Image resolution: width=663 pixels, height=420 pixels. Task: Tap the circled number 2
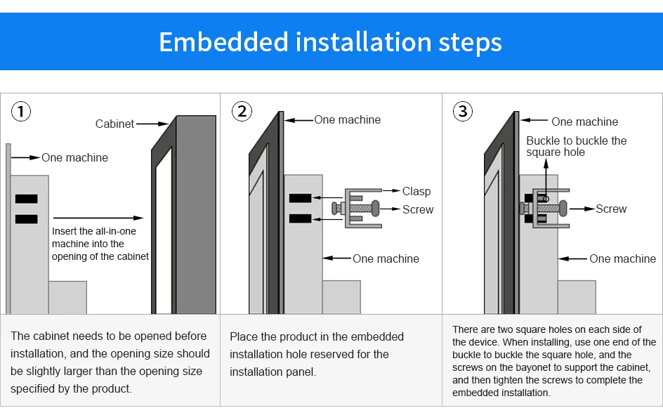coord(242,111)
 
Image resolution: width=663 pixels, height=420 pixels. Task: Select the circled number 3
coord(462,111)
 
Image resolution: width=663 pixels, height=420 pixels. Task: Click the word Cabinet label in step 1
coord(114,124)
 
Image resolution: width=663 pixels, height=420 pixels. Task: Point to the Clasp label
coord(416,191)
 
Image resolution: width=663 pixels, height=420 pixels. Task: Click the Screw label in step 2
coord(418,209)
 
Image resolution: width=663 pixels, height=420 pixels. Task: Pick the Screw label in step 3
coord(611,209)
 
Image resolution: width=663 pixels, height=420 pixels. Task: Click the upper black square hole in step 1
coord(26,199)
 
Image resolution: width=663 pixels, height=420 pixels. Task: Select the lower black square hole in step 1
coord(26,218)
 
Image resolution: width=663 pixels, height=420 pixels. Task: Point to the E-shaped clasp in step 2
coord(362,208)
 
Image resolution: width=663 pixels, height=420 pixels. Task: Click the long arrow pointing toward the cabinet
coord(98,218)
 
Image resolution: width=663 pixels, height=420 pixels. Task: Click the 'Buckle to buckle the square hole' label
coord(576,146)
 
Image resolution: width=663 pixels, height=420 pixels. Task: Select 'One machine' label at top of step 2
coord(347,120)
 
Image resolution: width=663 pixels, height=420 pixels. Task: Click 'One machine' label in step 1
coord(74,158)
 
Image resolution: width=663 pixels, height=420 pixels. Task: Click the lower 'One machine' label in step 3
coord(622,258)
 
